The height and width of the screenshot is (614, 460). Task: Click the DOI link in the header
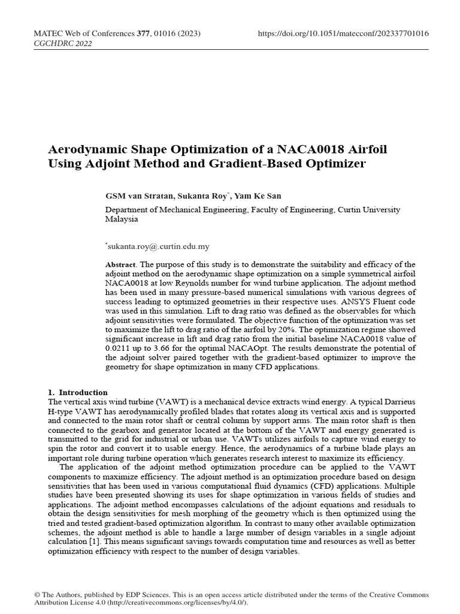pos(343,34)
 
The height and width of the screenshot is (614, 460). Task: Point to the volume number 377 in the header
pos(143,34)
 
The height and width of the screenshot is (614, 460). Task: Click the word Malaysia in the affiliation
pos(122,219)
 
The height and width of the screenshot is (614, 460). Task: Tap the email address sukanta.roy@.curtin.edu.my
pos(158,246)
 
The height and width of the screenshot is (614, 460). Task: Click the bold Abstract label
pos(120,264)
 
